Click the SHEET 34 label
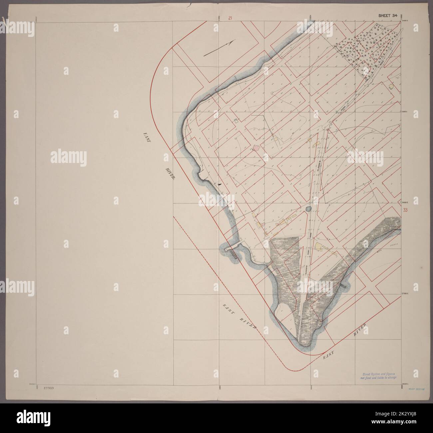pos(387,15)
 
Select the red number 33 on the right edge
pos(405,210)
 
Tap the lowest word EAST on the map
pos(329,356)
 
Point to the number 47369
pos(49,388)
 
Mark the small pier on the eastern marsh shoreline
pos(343,285)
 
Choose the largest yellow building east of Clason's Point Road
pos(318,246)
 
